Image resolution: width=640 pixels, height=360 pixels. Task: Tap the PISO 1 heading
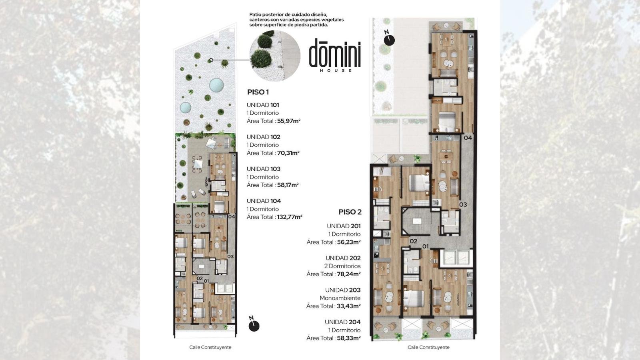coord(258,92)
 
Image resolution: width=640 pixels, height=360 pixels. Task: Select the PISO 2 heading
coord(350,212)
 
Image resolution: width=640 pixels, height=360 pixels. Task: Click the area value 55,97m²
coord(288,121)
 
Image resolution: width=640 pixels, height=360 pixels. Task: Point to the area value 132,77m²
coord(290,217)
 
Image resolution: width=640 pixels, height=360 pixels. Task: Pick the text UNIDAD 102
coord(264,137)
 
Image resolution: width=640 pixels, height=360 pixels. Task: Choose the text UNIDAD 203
coord(343,290)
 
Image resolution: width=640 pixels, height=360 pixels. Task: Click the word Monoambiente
coord(340,298)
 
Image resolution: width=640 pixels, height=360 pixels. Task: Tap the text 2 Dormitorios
coord(342,266)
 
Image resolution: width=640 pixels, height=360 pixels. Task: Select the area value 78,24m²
coord(349,274)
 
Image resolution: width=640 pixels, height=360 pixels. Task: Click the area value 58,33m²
coord(349,338)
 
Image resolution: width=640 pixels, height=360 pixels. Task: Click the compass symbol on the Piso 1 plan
coord(254,324)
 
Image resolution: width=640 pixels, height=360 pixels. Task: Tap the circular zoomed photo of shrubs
coord(275,56)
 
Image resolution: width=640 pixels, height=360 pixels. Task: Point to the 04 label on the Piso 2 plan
coord(468,138)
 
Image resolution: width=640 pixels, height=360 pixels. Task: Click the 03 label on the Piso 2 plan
coord(463,204)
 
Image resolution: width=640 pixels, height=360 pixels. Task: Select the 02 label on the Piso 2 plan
coord(414,241)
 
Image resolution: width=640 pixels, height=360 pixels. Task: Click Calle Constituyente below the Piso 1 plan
coord(210,348)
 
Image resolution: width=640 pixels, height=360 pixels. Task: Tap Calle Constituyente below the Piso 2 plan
coord(428,348)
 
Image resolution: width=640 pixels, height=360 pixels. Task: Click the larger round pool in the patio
coord(216,85)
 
